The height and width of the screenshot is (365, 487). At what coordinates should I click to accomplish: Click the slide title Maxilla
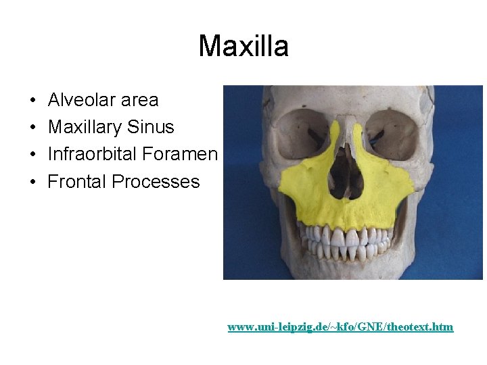[x=243, y=47]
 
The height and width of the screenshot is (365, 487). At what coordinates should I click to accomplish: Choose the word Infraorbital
[x=93, y=154]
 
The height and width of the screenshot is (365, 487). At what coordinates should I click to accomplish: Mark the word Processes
[x=156, y=182]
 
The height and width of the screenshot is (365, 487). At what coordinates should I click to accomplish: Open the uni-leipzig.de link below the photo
[x=340, y=327]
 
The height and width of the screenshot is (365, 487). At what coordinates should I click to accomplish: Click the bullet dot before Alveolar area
[x=32, y=101]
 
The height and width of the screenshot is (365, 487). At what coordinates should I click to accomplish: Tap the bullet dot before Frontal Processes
[x=32, y=182]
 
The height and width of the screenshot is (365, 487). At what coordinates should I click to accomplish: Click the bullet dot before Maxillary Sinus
[x=32, y=128]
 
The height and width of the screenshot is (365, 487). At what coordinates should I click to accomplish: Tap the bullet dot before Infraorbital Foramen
[x=32, y=155]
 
